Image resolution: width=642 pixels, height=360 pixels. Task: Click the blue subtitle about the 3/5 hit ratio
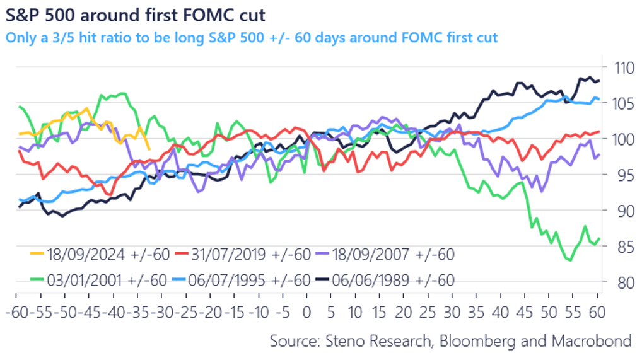click(x=252, y=38)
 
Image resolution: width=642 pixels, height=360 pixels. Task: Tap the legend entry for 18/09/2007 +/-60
click(x=392, y=255)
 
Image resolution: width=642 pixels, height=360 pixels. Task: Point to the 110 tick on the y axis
click(x=621, y=67)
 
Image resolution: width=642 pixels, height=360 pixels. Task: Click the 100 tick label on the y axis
click(x=621, y=139)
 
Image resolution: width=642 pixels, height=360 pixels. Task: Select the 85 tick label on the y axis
click(x=621, y=247)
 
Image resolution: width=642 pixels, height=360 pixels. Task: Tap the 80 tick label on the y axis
click(x=621, y=282)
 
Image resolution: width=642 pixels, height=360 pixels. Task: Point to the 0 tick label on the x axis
click(x=307, y=312)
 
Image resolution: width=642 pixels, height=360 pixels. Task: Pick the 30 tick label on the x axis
click(x=452, y=312)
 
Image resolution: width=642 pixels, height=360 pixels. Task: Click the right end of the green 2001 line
click(x=598, y=238)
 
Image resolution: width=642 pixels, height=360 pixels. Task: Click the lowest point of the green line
click(x=569, y=260)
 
